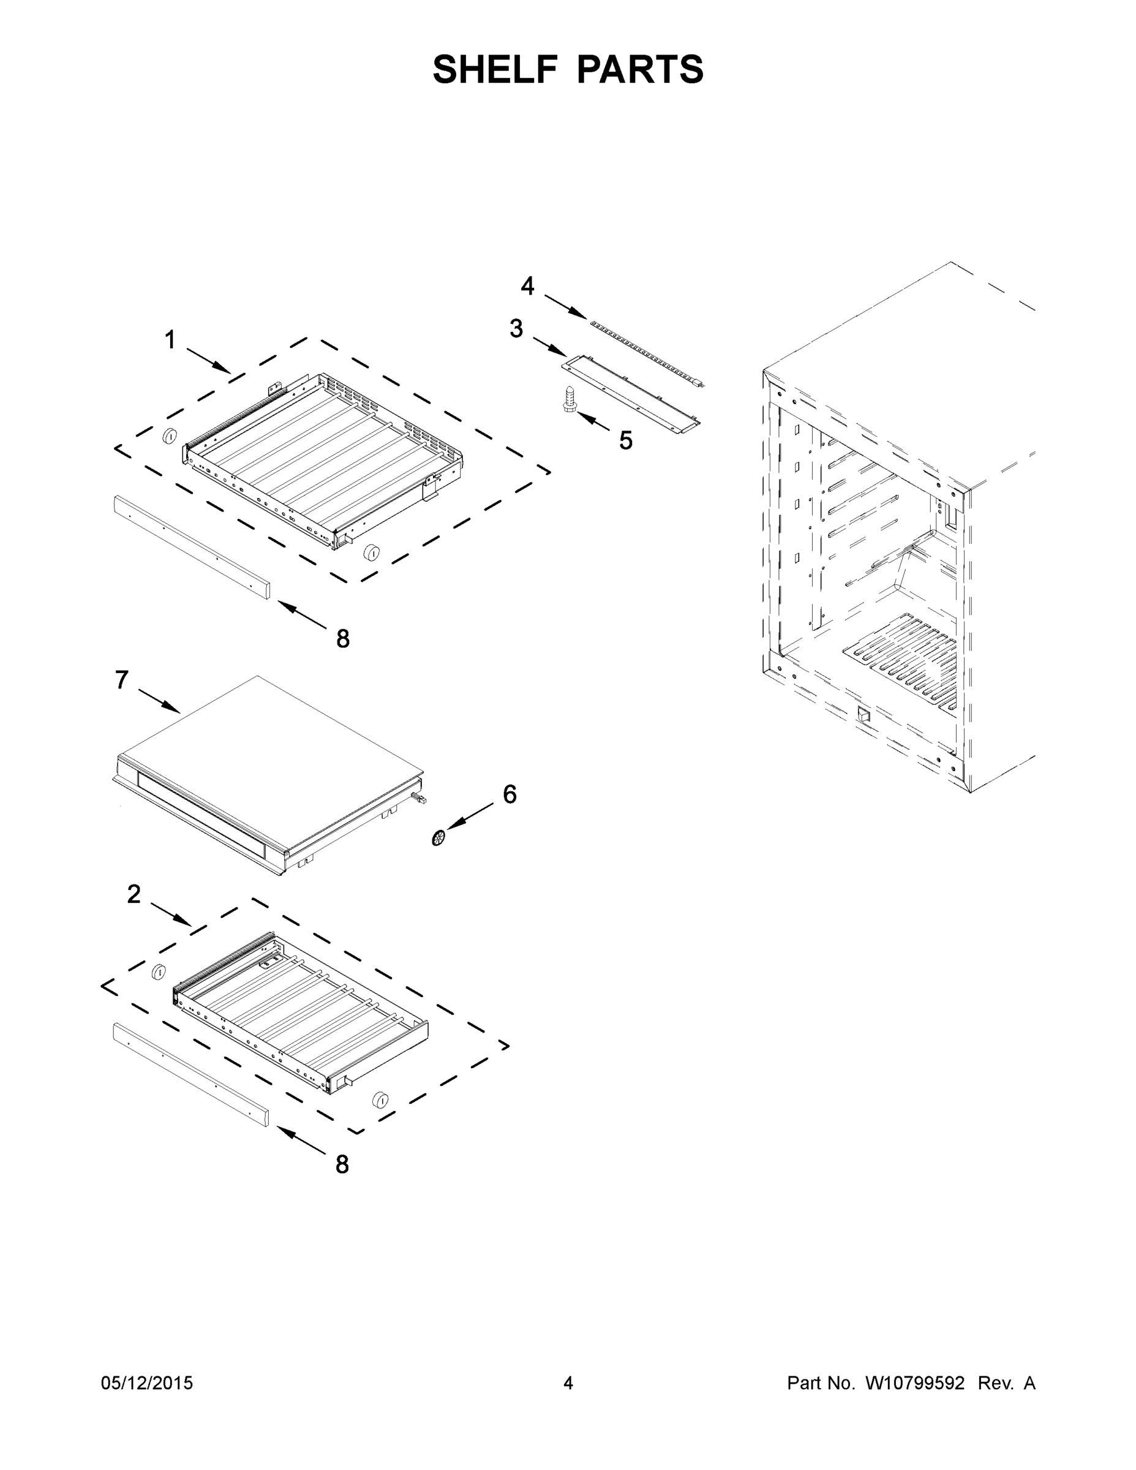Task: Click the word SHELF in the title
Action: [x=495, y=69]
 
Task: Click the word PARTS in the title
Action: [x=640, y=69]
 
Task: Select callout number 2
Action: [x=134, y=894]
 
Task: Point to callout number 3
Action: [x=516, y=328]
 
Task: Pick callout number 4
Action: [x=528, y=286]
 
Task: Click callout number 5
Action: [x=626, y=441]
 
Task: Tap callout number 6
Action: [x=510, y=794]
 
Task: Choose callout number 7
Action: [x=121, y=680]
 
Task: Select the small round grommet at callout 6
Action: [x=439, y=837]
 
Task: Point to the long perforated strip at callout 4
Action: [x=646, y=352]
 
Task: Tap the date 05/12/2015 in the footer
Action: [x=147, y=1382]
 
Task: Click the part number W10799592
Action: [x=914, y=1382]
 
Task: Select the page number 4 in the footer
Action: [x=568, y=1382]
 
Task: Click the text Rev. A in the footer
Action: [x=1006, y=1382]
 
